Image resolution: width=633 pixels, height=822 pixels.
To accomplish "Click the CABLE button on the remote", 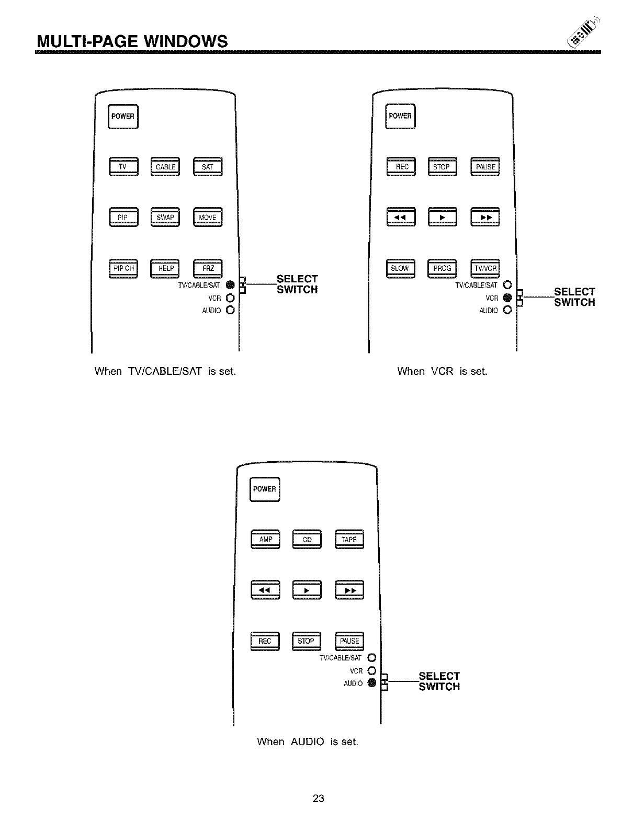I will click(x=165, y=167).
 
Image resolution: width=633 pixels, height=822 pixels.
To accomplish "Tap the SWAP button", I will click(x=165, y=218).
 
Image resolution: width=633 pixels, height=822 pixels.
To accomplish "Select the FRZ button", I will click(x=208, y=268).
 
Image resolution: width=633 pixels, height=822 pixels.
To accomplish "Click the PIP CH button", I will click(x=123, y=268).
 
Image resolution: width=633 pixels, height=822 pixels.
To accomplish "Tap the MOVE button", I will click(x=208, y=218).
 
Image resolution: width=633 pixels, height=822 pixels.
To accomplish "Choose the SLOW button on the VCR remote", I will click(x=400, y=268).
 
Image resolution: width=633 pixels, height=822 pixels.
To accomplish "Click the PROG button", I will click(x=442, y=268).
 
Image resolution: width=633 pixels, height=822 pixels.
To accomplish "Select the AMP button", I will click(x=266, y=539).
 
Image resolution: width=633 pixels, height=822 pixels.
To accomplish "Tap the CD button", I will click(x=307, y=539).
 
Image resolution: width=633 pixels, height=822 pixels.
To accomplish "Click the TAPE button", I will click(x=349, y=539).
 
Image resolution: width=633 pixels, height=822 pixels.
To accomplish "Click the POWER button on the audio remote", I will click(x=265, y=489).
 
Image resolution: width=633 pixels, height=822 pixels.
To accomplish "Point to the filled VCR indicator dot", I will click(x=506, y=298).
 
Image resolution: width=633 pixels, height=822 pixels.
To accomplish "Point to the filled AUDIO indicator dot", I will click(x=371, y=683).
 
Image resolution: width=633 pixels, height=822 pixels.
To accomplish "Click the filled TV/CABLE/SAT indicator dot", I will click(x=229, y=285).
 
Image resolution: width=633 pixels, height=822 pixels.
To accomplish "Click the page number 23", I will click(x=319, y=798).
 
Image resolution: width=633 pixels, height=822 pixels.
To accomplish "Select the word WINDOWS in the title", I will click(x=177, y=41).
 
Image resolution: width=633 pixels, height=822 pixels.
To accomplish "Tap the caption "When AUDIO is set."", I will click(x=308, y=741).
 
